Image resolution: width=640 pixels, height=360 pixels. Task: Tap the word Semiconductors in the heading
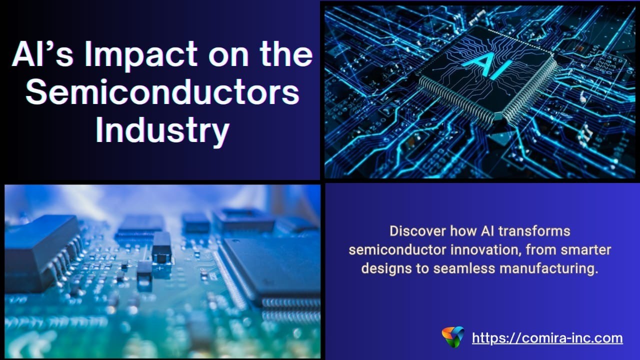(162, 92)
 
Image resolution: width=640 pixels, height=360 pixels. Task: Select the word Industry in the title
(162, 131)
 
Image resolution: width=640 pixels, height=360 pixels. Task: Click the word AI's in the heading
(43, 54)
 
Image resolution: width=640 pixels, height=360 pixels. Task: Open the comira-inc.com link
(547, 338)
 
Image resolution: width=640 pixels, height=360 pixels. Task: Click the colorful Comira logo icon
(453, 337)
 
